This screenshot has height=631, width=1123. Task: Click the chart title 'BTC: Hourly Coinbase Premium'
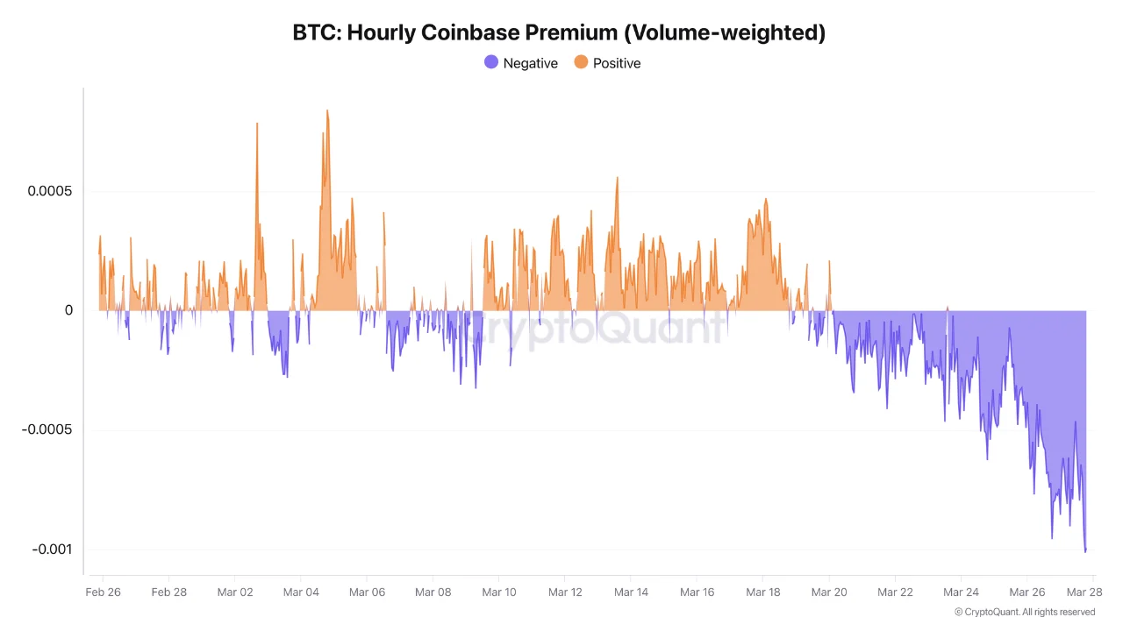coord(559,33)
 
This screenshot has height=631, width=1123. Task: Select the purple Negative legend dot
coord(491,62)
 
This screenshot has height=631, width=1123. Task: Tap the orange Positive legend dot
coord(581,62)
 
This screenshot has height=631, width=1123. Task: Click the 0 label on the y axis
coord(68,310)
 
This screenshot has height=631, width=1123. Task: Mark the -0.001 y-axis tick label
coord(52,549)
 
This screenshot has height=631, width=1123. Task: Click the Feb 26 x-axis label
coord(103,592)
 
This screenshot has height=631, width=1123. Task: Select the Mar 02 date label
coord(234,592)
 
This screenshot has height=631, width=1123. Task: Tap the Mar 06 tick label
coord(367,592)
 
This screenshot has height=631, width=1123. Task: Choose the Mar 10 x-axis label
coord(498,592)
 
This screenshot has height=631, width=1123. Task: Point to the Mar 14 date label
coord(631,592)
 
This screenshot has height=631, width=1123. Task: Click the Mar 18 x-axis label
coord(762,592)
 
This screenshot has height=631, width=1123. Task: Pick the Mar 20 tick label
coord(828,592)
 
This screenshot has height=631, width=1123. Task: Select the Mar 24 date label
coord(961,592)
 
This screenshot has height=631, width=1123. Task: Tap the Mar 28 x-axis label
coord(1084,592)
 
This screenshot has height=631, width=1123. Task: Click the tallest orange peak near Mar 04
coord(327,111)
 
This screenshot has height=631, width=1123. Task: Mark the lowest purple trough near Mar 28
coord(1085,551)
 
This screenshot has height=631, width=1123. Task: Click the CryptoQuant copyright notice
coord(1024,612)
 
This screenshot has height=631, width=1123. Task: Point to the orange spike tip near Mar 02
coord(257,124)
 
